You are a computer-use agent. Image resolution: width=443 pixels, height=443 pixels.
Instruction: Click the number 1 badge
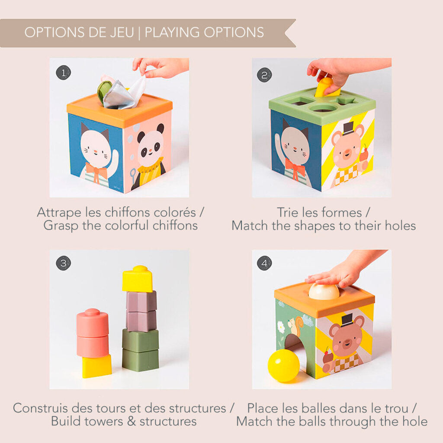(x=63, y=73)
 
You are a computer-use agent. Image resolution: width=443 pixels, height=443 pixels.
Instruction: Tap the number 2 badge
(x=264, y=75)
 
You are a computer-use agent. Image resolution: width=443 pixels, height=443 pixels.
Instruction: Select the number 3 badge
(x=63, y=263)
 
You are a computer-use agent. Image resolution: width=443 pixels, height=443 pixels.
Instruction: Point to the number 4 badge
(x=264, y=263)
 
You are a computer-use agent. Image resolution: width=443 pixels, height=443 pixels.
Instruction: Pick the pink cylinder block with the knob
(x=93, y=322)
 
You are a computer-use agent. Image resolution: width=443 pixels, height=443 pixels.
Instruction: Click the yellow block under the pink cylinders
(x=96, y=366)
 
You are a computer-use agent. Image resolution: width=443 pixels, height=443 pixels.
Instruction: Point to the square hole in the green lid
(x=299, y=101)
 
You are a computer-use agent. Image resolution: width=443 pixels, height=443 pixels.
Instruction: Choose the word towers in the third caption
(x=105, y=421)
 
